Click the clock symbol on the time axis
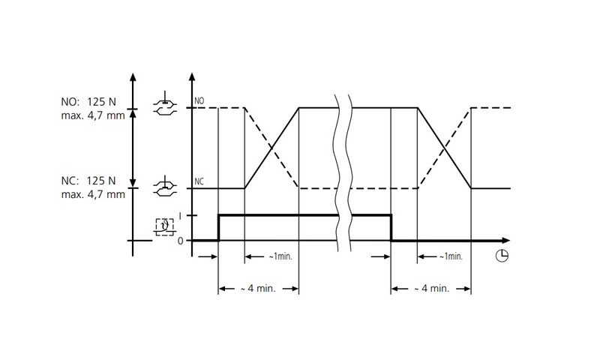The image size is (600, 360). coord(502,256)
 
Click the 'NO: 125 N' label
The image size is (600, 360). coord(89,102)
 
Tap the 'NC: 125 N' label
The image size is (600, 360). coord(88,181)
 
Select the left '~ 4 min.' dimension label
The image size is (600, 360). coord(258,289)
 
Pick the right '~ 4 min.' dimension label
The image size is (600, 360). coord(430,289)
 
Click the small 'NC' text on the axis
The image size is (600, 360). coord(199,181)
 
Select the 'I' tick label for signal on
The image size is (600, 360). coord(179,216)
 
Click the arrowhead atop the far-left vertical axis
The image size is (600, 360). coord(133,76)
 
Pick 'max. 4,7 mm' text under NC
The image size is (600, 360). coord(93,195)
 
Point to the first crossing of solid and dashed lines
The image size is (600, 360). coord(272,148)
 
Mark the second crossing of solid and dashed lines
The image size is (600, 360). coord(444,148)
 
